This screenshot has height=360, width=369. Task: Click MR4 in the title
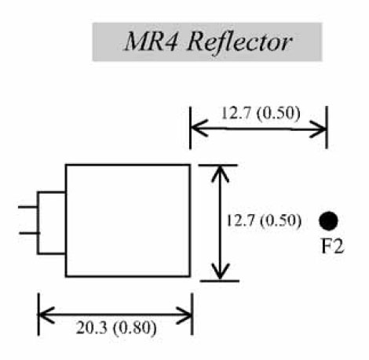point(152,42)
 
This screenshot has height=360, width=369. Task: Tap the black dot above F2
point(328,221)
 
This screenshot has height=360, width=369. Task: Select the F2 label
point(332,246)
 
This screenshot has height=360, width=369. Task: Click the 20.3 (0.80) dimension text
point(116,328)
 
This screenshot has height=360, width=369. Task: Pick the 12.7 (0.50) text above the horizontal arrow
point(261,114)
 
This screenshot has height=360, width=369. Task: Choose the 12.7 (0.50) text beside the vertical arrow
point(263,220)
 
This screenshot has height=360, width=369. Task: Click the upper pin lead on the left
point(27,207)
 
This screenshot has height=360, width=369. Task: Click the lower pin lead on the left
point(29,233)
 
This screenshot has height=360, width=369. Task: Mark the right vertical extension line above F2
point(327,127)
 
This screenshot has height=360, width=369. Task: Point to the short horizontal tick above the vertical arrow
point(218,165)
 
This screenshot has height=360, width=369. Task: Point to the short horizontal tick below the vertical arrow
point(220,281)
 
